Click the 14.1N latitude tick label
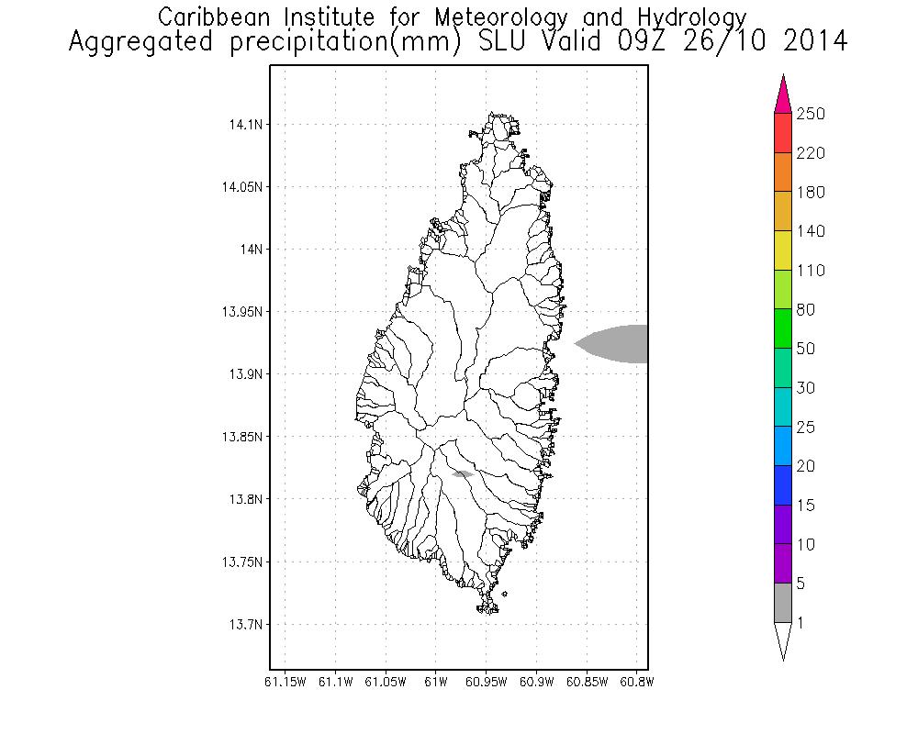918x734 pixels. pyautogui.click(x=244, y=124)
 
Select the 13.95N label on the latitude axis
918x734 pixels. pyautogui.click(x=241, y=312)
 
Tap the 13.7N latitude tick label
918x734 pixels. pyautogui.click(x=244, y=625)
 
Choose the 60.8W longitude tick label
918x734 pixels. pyautogui.click(x=636, y=682)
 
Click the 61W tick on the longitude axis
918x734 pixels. pyautogui.click(x=436, y=682)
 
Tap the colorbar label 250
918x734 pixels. pyautogui.click(x=811, y=114)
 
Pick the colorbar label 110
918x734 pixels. pyautogui.click(x=811, y=271)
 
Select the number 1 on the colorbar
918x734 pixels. pyautogui.click(x=800, y=623)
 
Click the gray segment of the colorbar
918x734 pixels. pyautogui.click(x=782, y=603)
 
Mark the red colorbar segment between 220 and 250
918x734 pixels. pyautogui.click(x=782, y=133)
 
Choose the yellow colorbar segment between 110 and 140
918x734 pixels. pyautogui.click(x=782, y=250)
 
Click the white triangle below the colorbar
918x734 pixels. pyautogui.click(x=782, y=639)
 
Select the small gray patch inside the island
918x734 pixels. pyautogui.click(x=463, y=473)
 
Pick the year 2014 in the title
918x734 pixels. pyautogui.click(x=808, y=42)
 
